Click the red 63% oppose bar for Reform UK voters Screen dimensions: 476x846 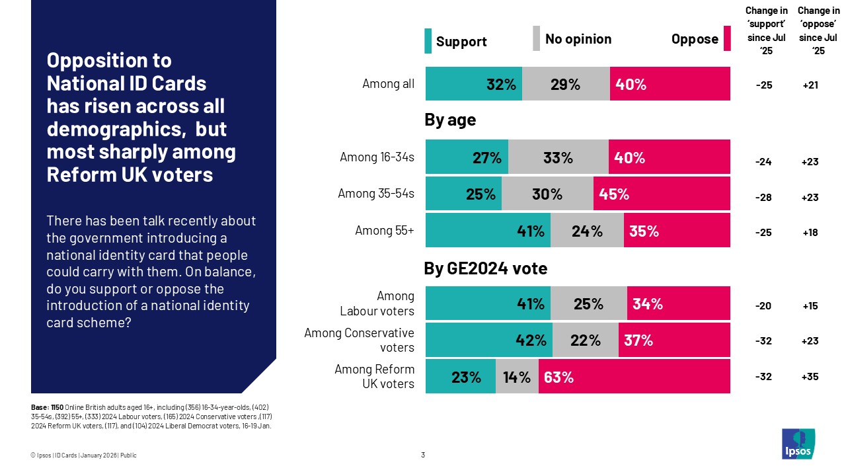pos(634,377)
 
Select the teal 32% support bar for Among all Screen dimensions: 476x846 pos(473,84)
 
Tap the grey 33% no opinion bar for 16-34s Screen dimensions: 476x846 pos(558,157)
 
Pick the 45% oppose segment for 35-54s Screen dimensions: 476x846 pos(661,194)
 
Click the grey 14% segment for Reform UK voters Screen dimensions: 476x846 pos(517,377)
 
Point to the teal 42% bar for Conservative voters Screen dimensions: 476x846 pos(488,340)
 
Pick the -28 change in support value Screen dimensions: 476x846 pos(763,196)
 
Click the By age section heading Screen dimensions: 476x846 pos(450,120)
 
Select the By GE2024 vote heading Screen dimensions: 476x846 pos(485,269)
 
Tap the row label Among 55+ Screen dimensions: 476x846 pos(385,231)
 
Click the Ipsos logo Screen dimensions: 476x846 pos(798,444)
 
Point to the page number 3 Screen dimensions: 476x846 pos(423,455)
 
